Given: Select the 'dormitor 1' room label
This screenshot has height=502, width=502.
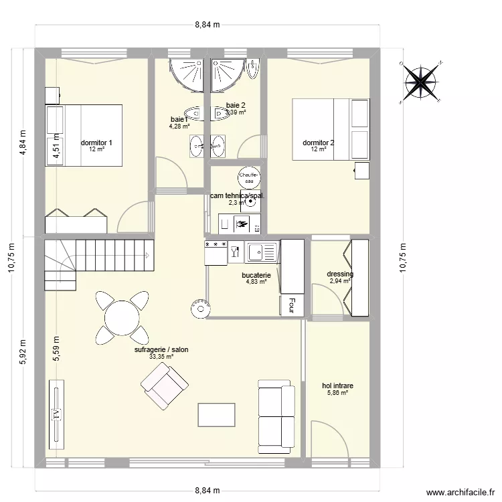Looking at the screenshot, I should (x=96, y=143).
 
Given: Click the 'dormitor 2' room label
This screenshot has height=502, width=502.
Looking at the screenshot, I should (x=319, y=143).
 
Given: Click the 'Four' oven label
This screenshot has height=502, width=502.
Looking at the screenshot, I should (x=291, y=305).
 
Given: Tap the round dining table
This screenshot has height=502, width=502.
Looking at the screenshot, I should (x=121, y=317).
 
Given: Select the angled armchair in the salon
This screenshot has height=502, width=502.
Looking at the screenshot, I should (x=164, y=387).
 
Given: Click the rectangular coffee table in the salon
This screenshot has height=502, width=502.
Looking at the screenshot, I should (x=217, y=415).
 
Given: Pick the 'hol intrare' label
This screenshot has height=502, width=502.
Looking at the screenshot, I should (x=337, y=386).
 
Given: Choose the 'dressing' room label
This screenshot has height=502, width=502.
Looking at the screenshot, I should (x=339, y=274).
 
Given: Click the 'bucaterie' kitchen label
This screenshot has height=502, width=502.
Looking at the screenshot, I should (x=256, y=275).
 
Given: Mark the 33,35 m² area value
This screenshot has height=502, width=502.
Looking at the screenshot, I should (x=161, y=357).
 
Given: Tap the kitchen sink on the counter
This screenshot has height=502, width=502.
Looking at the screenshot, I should (x=262, y=252).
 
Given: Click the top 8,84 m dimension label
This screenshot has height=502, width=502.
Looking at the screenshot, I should (x=207, y=25).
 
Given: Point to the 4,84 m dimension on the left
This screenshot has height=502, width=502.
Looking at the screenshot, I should (x=22, y=143).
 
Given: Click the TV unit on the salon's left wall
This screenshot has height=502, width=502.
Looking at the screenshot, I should (x=56, y=414).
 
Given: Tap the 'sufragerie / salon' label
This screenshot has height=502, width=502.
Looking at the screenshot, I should (x=161, y=350).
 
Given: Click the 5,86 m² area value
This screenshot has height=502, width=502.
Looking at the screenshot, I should (x=337, y=393).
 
